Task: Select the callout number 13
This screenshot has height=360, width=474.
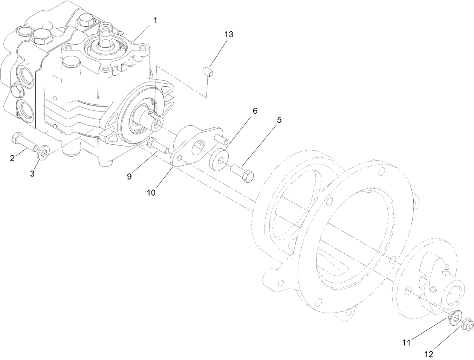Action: coord(229,35)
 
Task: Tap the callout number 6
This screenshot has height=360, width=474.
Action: coord(255,111)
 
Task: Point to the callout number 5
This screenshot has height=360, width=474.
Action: coord(279,120)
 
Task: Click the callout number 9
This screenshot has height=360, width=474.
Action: coord(129,176)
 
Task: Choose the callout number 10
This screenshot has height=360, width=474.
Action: coord(151,192)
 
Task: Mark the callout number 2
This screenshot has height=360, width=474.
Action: coord(12,159)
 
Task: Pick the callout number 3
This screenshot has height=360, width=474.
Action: coord(32,174)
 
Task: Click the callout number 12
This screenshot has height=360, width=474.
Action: coord(429,354)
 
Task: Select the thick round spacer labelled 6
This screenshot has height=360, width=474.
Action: coord(219,158)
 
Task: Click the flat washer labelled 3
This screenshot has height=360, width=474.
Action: coord(43,153)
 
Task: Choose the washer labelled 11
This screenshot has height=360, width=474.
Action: coord(456,317)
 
